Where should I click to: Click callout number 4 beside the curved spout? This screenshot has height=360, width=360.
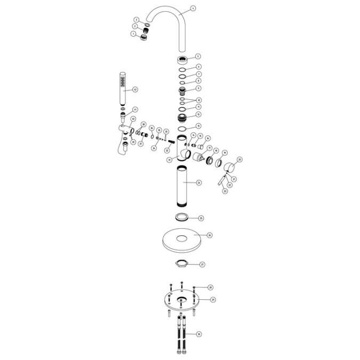tap(193, 9)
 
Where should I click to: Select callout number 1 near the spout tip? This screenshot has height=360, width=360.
tap(133, 34)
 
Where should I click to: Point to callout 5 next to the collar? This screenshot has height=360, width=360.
tap(198, 56)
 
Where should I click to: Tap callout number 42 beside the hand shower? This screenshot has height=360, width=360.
tap(135, 89)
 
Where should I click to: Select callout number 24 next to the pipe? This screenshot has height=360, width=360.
tap(199, 183)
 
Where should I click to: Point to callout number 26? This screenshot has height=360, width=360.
tap(209, 235)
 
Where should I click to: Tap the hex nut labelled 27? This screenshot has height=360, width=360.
tap(181, 263)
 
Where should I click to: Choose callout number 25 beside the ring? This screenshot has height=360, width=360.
tap(201, 218)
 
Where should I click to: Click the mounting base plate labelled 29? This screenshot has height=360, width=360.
tap(181, 300)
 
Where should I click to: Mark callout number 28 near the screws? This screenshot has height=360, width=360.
tap(211, 287)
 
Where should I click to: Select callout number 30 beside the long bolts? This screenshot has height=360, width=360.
tap(199, 334)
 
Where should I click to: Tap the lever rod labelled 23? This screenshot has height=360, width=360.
tap(220, 183)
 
